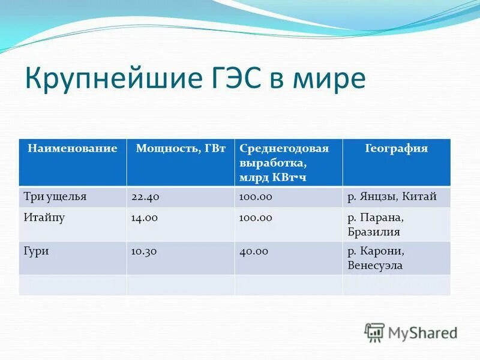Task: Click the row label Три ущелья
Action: (x=55, y=197)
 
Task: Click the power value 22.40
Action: (x=145, y=197)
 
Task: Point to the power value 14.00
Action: (x=144, y=218)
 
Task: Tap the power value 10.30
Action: (x=144, y=251)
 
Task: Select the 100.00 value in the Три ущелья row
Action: (x=256, y=197)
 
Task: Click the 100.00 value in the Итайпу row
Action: (x=256, y=218)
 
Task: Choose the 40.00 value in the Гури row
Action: (x=254, y=251)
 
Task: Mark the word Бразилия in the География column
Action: (x=373, y=232)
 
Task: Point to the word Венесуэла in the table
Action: (x=376, y=265)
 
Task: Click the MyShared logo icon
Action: (x=374, y=332)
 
